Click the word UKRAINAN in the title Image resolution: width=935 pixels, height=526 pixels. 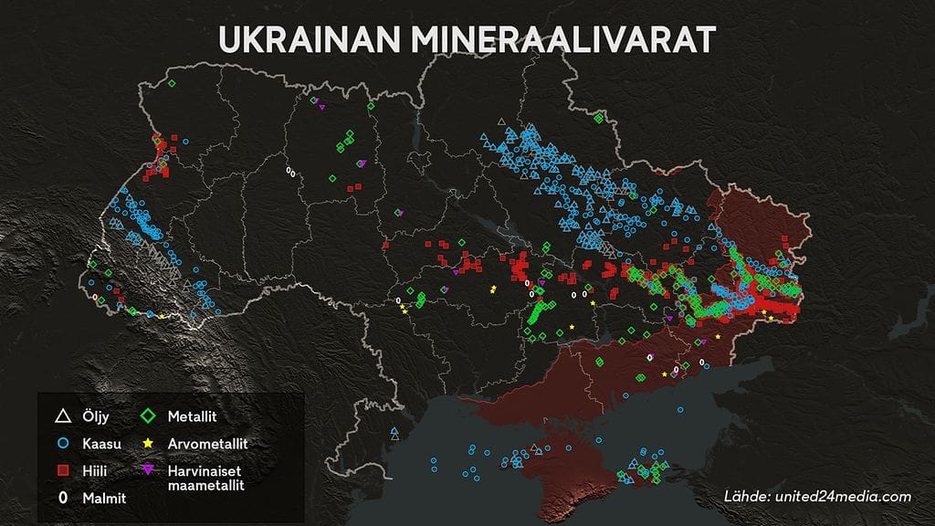click(307, 41)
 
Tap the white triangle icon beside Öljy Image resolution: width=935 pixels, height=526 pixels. click(62, 417)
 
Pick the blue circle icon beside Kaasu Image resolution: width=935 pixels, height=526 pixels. click(62, 444)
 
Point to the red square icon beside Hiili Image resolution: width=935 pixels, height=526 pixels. click(62, 470)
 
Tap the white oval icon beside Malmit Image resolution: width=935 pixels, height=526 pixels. click(62, 498)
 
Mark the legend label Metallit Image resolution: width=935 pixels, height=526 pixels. click(191, 417)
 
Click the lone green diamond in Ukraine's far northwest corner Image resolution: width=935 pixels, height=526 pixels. click(171, 84)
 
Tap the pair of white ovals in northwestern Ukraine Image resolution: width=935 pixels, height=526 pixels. click(290, 171)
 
